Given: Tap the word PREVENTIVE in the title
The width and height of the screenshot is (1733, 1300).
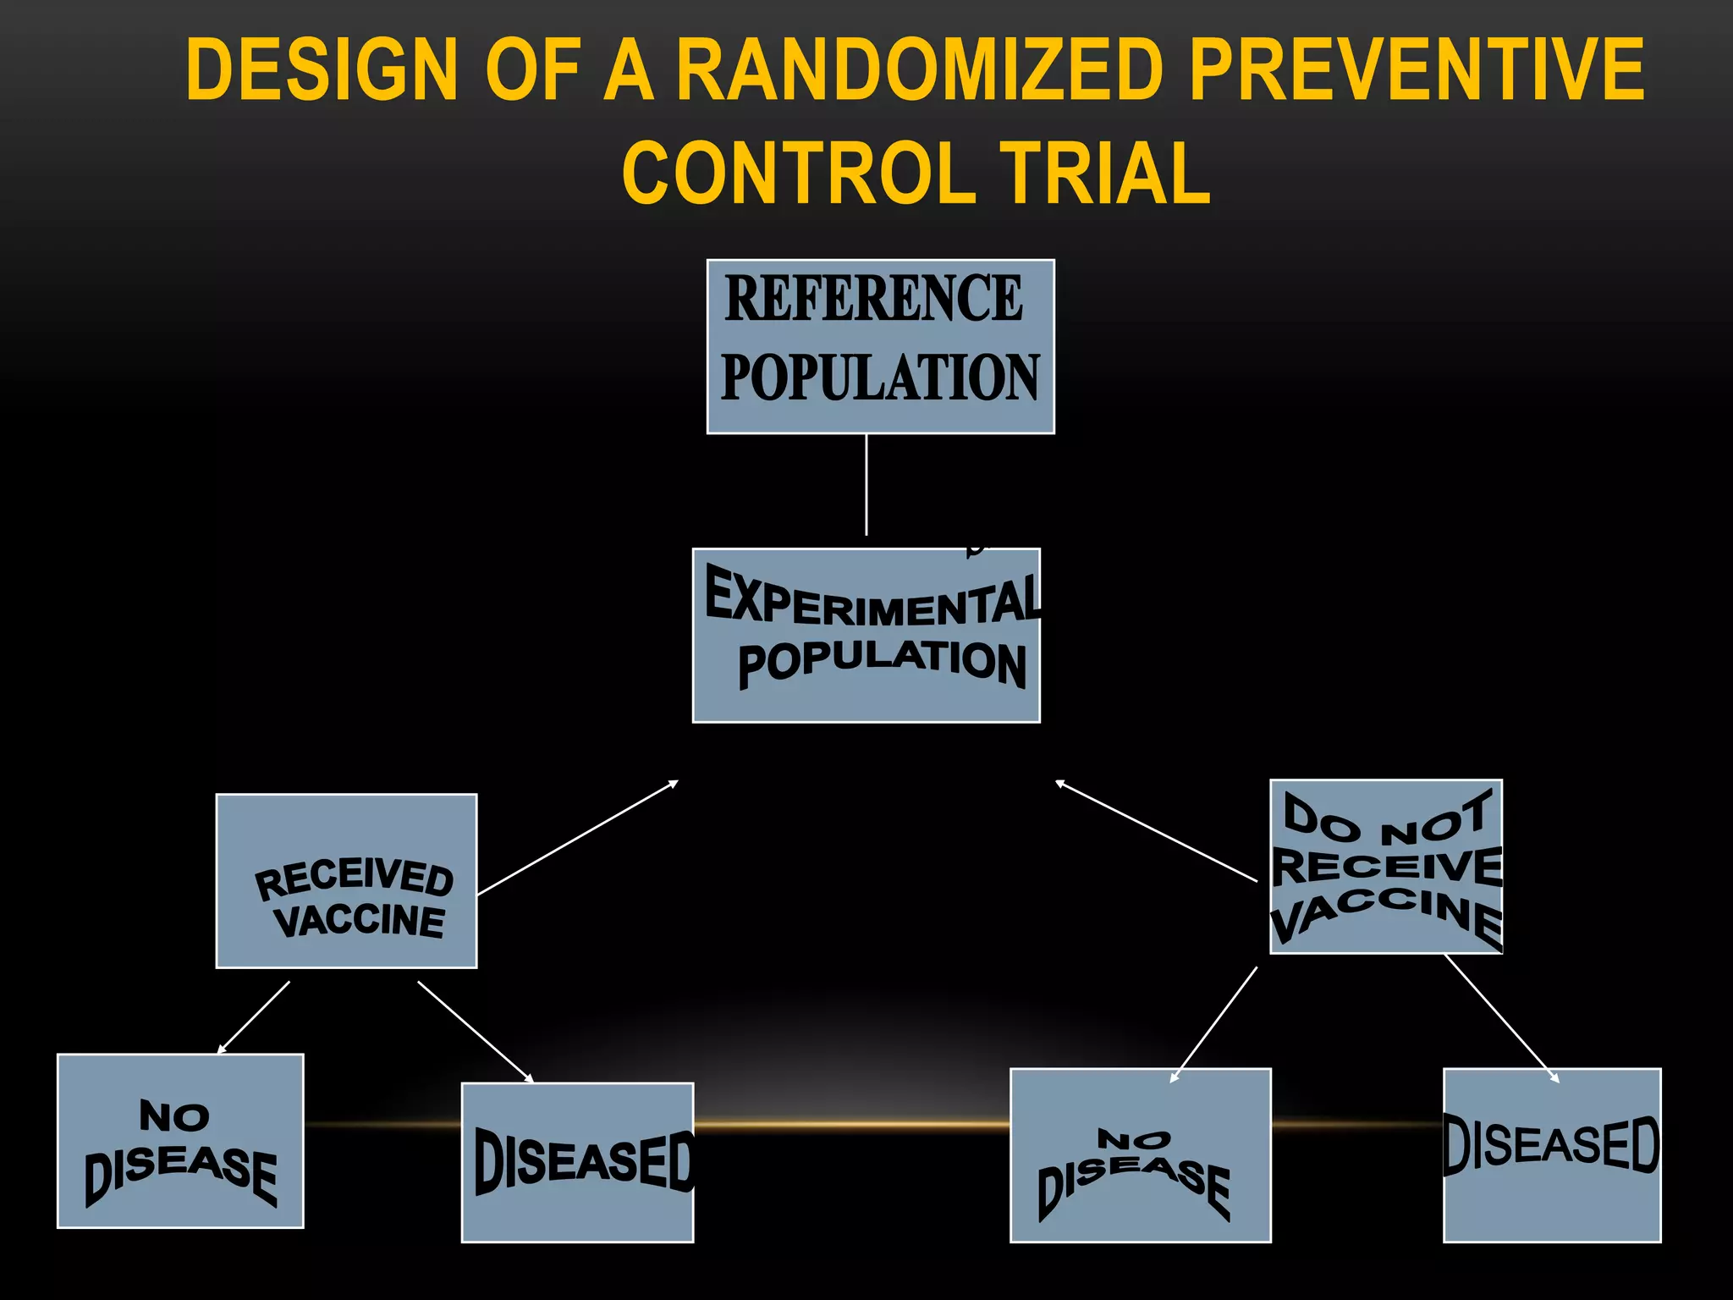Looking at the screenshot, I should pyautogui.click(x=1417, y=69).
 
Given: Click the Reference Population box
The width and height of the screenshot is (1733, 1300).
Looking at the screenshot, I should pyautogui.click(x=880, y=346).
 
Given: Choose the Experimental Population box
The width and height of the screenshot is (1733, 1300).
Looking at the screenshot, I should pyautogui.click(x=866, y=635).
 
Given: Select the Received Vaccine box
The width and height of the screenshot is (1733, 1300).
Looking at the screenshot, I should pyautogui.click(x=346, y=880).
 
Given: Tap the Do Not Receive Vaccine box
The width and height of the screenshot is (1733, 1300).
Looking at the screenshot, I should pyautogui.click(x=1385, y=866).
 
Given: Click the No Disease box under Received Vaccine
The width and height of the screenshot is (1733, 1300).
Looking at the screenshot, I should pyautogui.click(x=180, y=1140).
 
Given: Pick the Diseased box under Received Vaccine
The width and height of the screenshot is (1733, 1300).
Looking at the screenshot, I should pyautogui.click(x=577, y=1162).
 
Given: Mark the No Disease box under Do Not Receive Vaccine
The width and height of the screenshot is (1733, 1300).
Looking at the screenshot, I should pyautogui.click(x=1140, y=1155).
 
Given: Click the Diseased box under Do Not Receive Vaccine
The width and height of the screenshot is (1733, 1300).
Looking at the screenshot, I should pyautogui.click(x=1551, y=1155).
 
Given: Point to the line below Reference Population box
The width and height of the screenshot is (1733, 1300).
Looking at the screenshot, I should pyautogui.click(x=866, y=484).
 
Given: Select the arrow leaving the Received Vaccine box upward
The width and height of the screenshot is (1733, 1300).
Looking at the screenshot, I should pyautogui.click(x=578, y=837).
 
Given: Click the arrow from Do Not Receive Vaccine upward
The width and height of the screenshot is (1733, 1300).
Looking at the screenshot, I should pyautogui.click(x=1156, y=831).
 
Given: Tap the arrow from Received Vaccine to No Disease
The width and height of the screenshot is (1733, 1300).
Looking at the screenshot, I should pyautogui.click(x=254, y=1017).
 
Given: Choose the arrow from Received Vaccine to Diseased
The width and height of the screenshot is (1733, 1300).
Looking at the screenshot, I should pyautogui.click(x=476, y=1032).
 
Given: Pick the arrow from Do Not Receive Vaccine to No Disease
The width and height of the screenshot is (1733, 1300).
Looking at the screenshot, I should pyautogui.click(x=1213, y=1025).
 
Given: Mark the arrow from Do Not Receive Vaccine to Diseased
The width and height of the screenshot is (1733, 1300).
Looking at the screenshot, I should pyautogui.click(x=1502, y=1018).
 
